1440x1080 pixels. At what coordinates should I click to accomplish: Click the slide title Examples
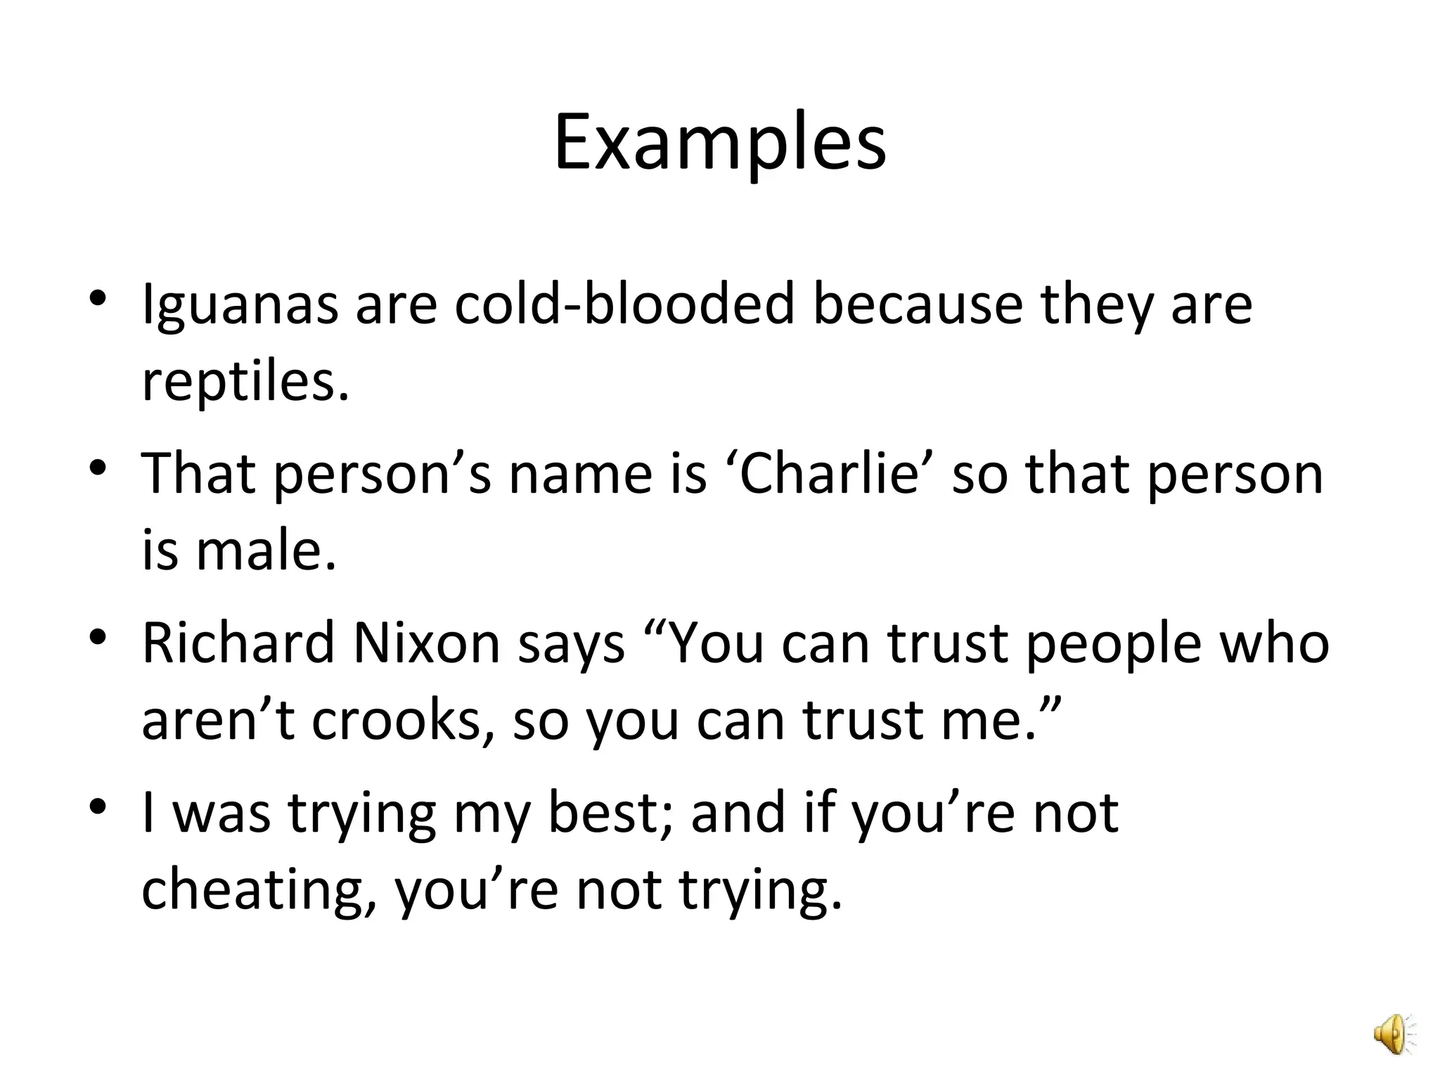click(x=719, y=144)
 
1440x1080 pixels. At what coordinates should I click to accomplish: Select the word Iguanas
click(x=240, y=305)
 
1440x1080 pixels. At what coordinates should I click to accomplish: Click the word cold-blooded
click(x=624, y=305)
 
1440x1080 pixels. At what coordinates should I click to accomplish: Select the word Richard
click(x=238, y=643)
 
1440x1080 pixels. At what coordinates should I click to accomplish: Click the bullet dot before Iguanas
click(x=98, y=298)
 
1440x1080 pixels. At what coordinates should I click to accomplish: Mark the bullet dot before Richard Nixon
click(x=98, y=636)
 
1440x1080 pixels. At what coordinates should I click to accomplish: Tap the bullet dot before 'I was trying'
click(x=98, y=805)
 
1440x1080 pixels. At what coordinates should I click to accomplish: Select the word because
click(x=917, y=305)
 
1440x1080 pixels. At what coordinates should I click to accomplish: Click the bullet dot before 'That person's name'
click(x=98, y=467)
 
